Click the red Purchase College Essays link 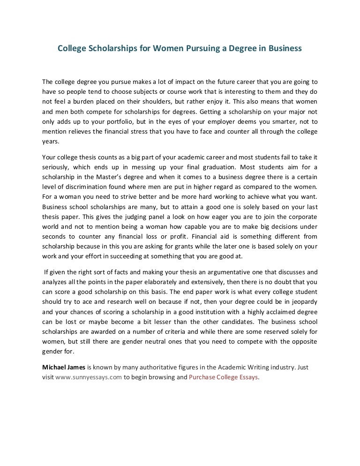pyautogui.click(x=223, y=378)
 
